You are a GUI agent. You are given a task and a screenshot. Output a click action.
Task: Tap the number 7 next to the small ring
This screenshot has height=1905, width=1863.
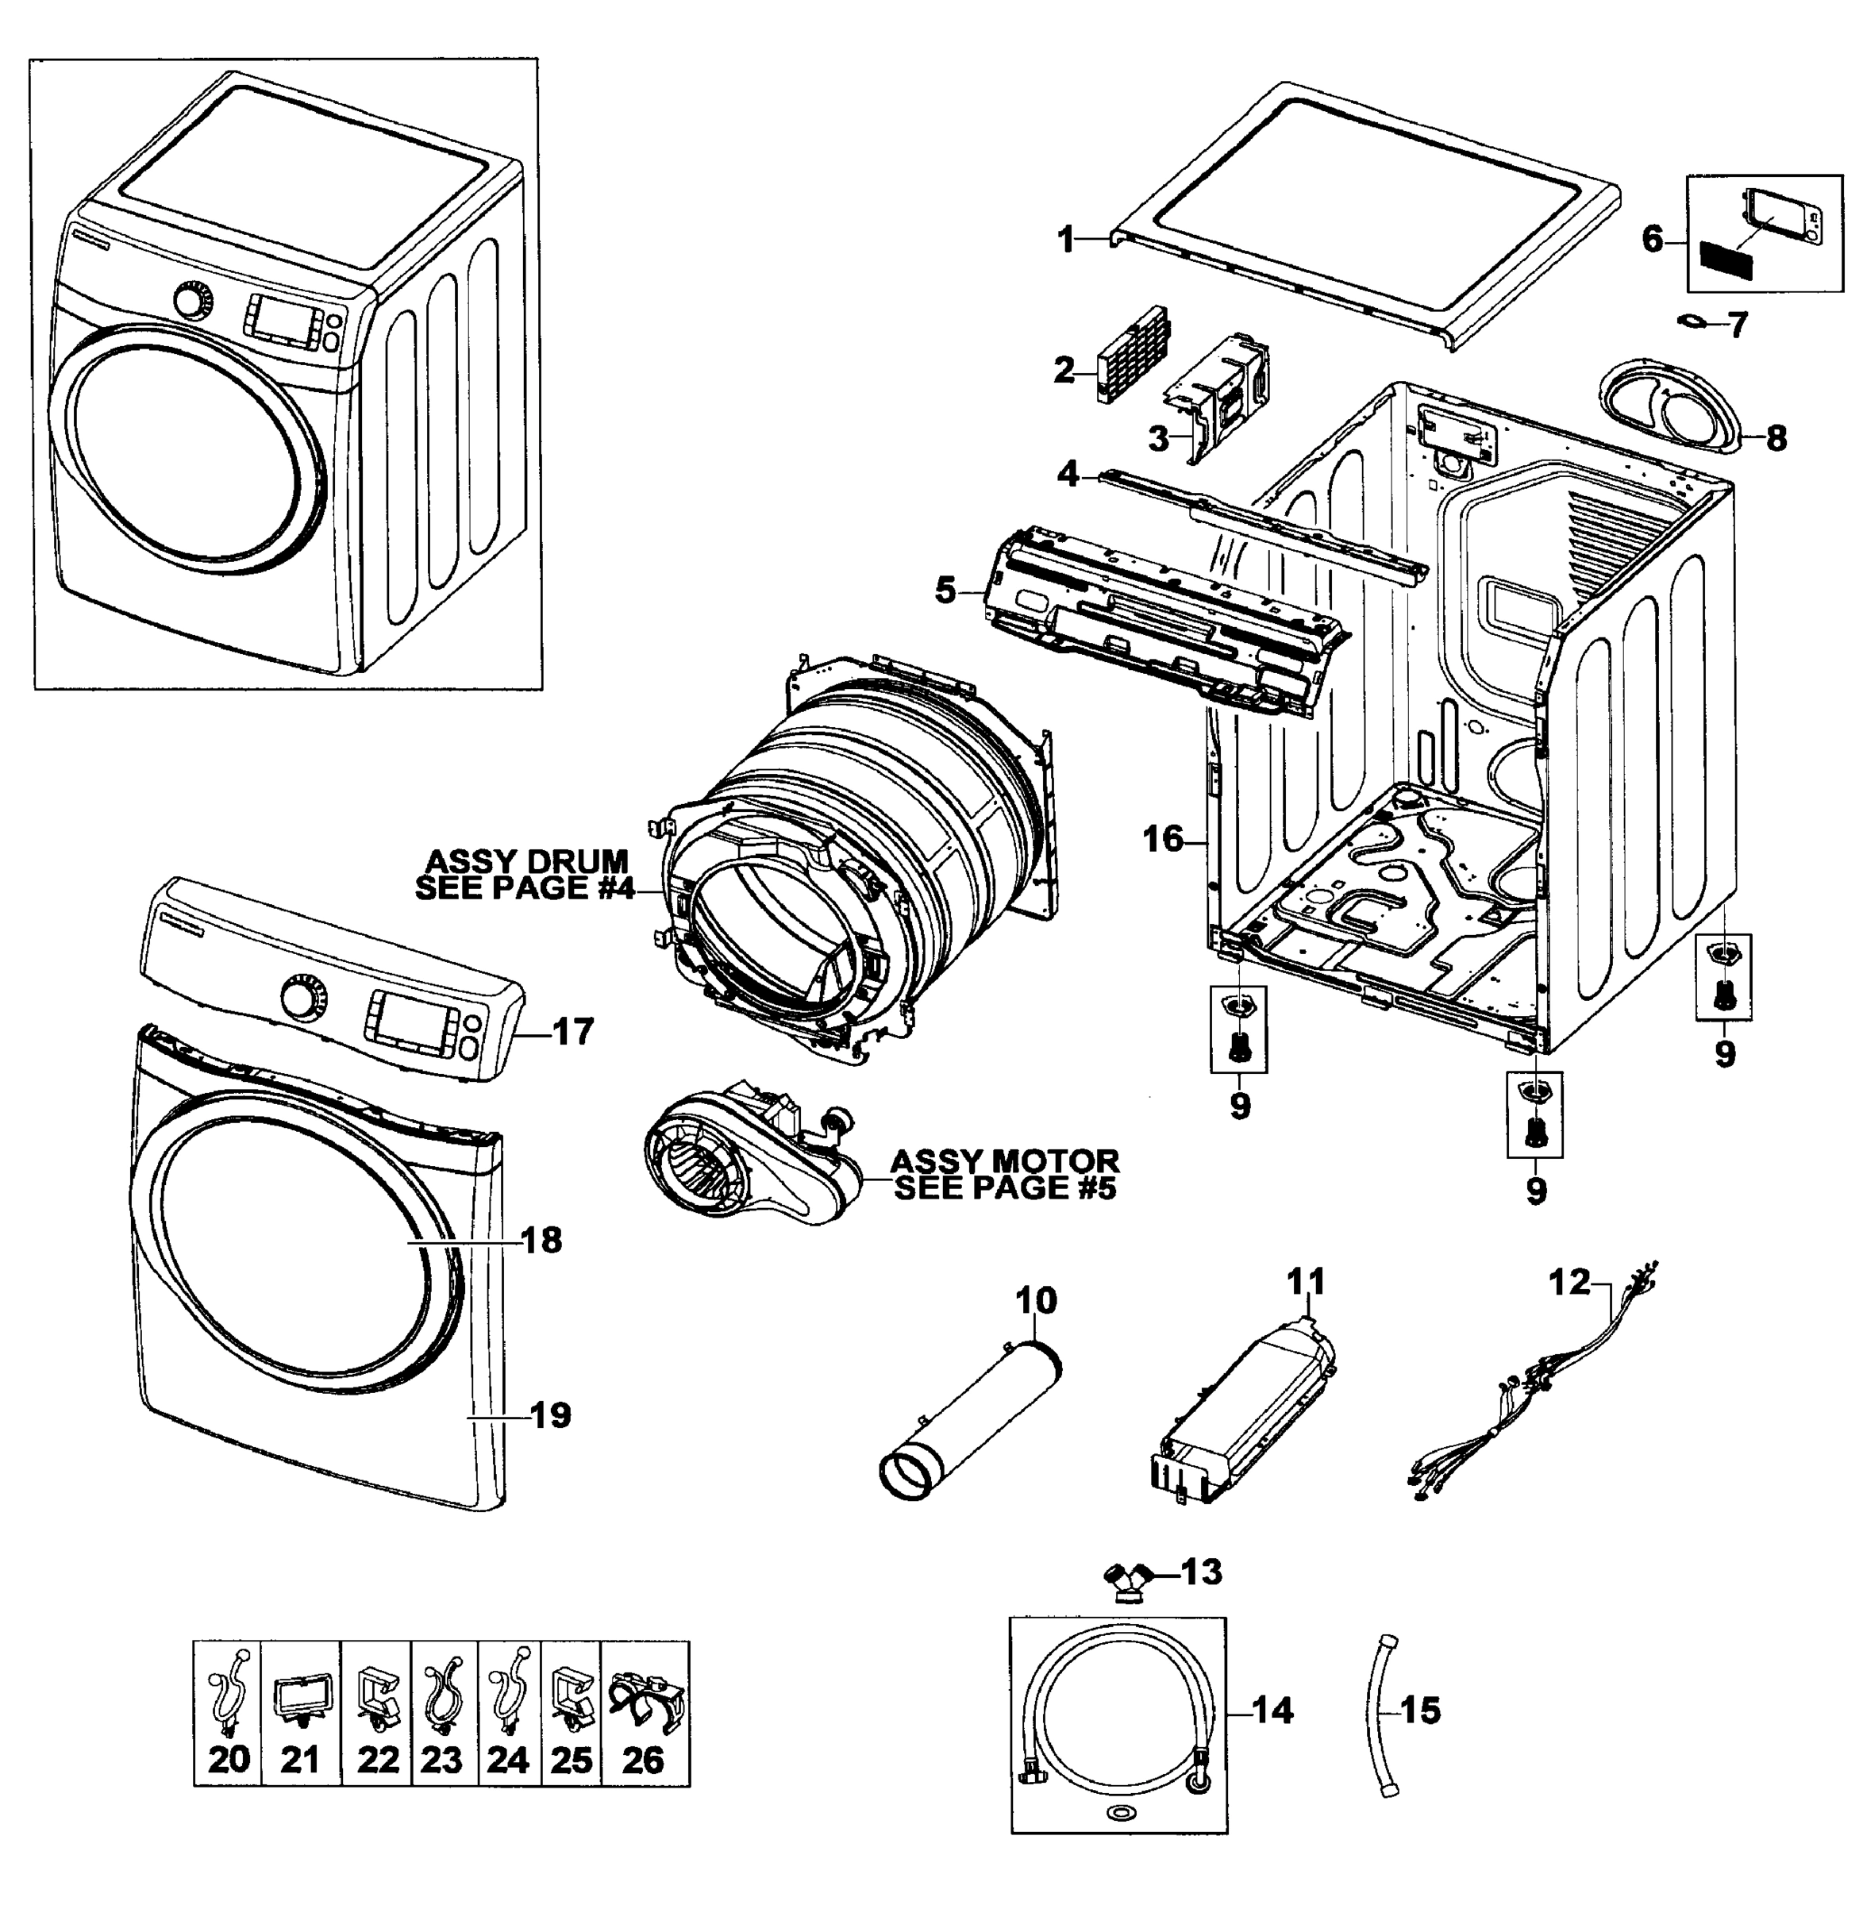pos(1737,325)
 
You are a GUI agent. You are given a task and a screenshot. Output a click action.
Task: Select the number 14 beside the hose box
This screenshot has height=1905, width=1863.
pos(1272,1711)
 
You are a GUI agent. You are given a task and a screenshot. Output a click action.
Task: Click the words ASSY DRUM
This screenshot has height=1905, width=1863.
pos(526,861)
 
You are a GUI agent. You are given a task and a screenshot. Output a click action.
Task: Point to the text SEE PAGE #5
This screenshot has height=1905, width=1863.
pos(1005,1189)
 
